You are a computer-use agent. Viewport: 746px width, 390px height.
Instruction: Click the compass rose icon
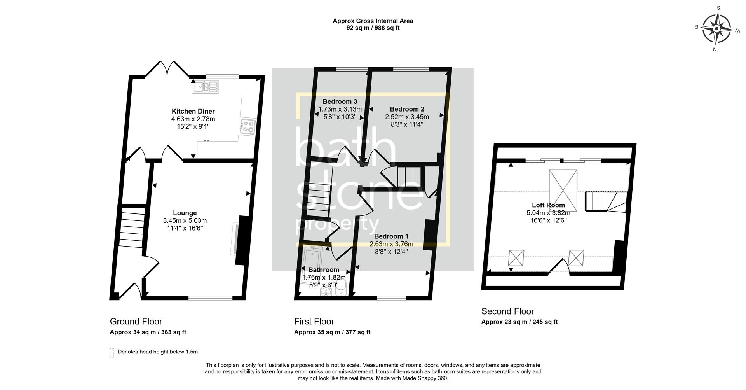click(717, 29)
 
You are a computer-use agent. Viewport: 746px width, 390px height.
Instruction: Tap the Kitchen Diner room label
click(193, 111)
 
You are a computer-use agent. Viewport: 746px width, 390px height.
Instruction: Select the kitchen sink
click(204, 87)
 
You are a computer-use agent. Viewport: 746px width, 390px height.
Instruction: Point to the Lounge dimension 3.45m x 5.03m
click(185, 220)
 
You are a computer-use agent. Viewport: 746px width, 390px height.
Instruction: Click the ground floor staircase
click(132, 227)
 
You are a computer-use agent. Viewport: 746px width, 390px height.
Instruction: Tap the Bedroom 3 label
click(340, 101)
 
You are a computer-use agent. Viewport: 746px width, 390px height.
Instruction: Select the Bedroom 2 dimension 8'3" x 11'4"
click(407, 124)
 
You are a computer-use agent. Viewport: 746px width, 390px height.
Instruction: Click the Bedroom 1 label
click(391, 236)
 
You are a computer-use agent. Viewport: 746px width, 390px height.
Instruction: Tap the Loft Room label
click(548, 205)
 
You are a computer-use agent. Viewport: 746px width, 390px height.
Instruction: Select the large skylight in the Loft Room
click(563, 190)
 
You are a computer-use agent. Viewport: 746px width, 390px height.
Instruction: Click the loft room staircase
click(605, 201)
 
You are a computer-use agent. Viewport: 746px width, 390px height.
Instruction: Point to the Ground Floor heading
click(136, 321)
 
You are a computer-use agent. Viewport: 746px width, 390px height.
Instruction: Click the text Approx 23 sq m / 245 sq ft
click(519, 322)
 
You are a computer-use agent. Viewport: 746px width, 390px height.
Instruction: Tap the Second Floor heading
click(507, 311)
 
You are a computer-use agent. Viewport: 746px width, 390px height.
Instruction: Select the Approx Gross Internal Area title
click(373, 21)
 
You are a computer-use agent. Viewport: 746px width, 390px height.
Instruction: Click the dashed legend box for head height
click(112, 352)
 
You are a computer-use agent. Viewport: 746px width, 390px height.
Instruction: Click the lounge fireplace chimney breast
click(242, 240)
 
